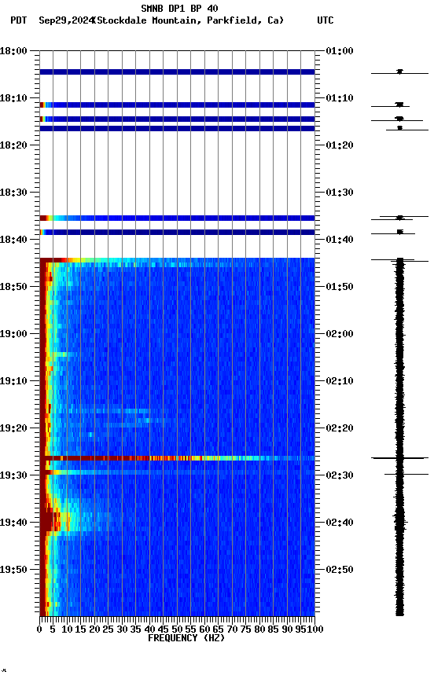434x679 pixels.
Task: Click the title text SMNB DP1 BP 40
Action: (x=179, y=9)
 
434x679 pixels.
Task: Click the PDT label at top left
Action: (x=19, y=20)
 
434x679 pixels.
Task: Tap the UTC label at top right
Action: (x=325, y=20)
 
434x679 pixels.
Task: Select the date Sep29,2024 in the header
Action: (x=65, y=20)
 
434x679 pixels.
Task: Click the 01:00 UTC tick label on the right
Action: (x=339, y=51)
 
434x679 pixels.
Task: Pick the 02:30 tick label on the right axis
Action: (x=339, y=475)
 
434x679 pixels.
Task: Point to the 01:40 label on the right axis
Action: (x=339, y=240)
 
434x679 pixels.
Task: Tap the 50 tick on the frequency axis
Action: (x=177, y=629)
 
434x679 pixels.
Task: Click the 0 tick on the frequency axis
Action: (x=40, y=629)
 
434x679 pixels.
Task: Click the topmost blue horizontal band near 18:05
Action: (x=177, y=72)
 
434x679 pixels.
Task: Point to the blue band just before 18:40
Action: (x=177, y=232)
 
